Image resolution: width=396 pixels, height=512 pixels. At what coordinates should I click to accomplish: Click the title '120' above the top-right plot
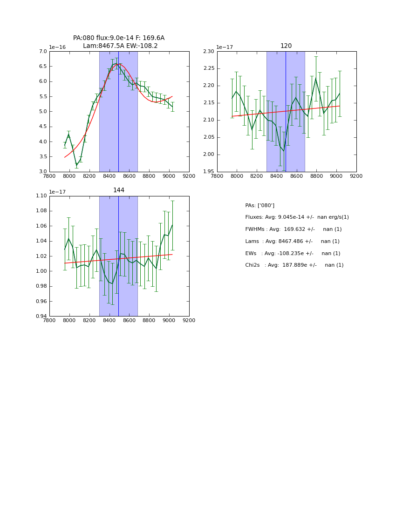coord(286,46)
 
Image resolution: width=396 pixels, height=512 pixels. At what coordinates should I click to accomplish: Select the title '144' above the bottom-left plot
coord(119,190)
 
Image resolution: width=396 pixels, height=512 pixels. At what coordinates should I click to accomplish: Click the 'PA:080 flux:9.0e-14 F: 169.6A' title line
coord(119,38)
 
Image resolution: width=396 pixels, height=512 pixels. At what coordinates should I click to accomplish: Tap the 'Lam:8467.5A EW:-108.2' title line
coord(120,46)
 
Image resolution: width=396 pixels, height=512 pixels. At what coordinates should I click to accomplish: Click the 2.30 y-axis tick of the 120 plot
coord(208,51)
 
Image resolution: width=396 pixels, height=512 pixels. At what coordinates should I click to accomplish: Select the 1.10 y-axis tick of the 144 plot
coord(41,196)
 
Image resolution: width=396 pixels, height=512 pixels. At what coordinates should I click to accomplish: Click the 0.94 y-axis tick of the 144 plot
coord(41,316)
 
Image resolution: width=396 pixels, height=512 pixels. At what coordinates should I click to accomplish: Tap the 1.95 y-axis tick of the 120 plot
coord(208,172)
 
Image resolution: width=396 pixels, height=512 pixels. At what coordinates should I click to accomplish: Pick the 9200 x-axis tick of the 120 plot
coord(356,176)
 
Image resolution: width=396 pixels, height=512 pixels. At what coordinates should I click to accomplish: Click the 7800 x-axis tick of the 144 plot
coord(49,320)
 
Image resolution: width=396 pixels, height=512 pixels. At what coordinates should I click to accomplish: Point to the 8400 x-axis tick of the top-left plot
coord(109,176)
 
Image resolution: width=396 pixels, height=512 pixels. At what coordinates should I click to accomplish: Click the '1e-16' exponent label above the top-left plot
coord(57,47)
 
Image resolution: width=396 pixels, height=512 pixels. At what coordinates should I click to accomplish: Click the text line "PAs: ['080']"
coord(259,205)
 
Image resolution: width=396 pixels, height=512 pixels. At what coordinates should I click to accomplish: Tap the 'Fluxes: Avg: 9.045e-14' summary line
coord(297,217)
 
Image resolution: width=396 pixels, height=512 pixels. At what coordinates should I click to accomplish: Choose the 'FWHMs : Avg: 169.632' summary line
coord(293,229)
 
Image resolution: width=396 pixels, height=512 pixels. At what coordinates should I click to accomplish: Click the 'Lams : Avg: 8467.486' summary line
coord(292,241)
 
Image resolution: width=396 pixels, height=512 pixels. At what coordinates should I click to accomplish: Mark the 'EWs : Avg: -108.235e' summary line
coord(293,253)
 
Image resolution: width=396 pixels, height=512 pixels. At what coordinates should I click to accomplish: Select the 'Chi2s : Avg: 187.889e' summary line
coord(294,265)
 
